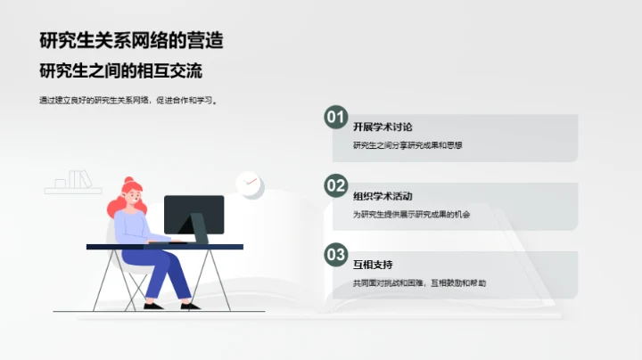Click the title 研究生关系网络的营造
[131, 39]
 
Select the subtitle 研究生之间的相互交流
[128, 70]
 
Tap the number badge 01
[335, 117]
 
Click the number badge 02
[335, 185]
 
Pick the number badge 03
[335, 255]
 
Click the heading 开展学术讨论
[383, 127]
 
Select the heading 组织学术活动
[383, 196]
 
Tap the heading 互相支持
[373, 265]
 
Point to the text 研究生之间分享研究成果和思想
[407, 145]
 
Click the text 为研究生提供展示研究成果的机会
[411, 214]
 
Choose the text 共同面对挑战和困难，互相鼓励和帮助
[419, 283]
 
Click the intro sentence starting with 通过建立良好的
[129, 101]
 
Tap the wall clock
[249, 184]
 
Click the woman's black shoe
[152, 306]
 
